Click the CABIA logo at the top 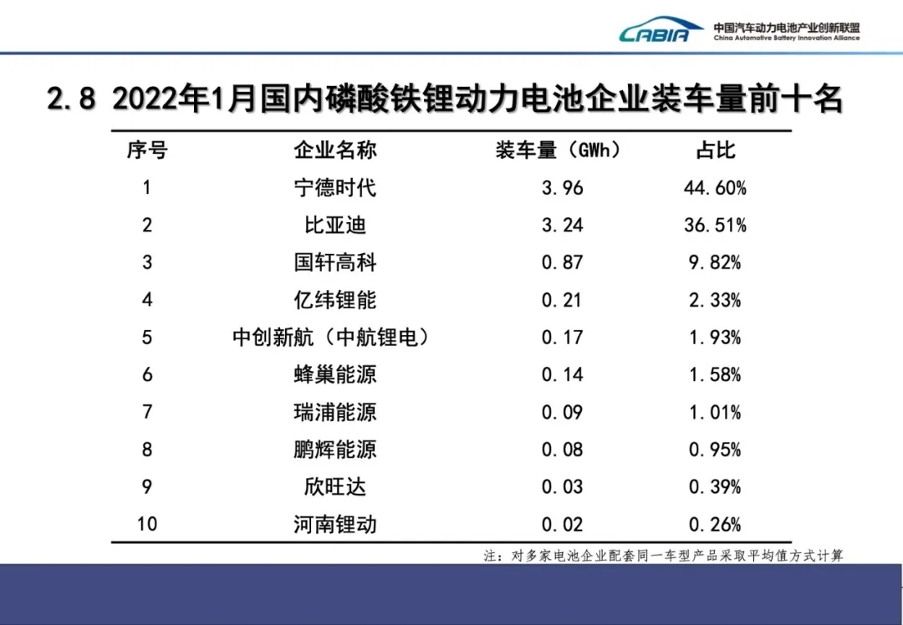tap(661, 32)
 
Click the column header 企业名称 tap(334, 150)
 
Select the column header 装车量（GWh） tap(559, 150)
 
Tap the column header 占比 tap(715, 150)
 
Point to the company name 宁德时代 tap(334, 188)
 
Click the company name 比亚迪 tap(334, 226)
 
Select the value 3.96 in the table tap(562, 188)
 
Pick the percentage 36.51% tap(716, 226)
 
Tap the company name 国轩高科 tap(334, 263)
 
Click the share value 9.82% tap(716, 263)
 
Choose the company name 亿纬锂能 tap(334, 300)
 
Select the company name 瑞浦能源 tap(334, 412)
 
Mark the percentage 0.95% tap(716, 450)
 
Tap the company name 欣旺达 tap(334, 487)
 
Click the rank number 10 tap(147, 525)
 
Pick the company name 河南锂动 tap(334, 525)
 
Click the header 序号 tap(147, 150)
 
